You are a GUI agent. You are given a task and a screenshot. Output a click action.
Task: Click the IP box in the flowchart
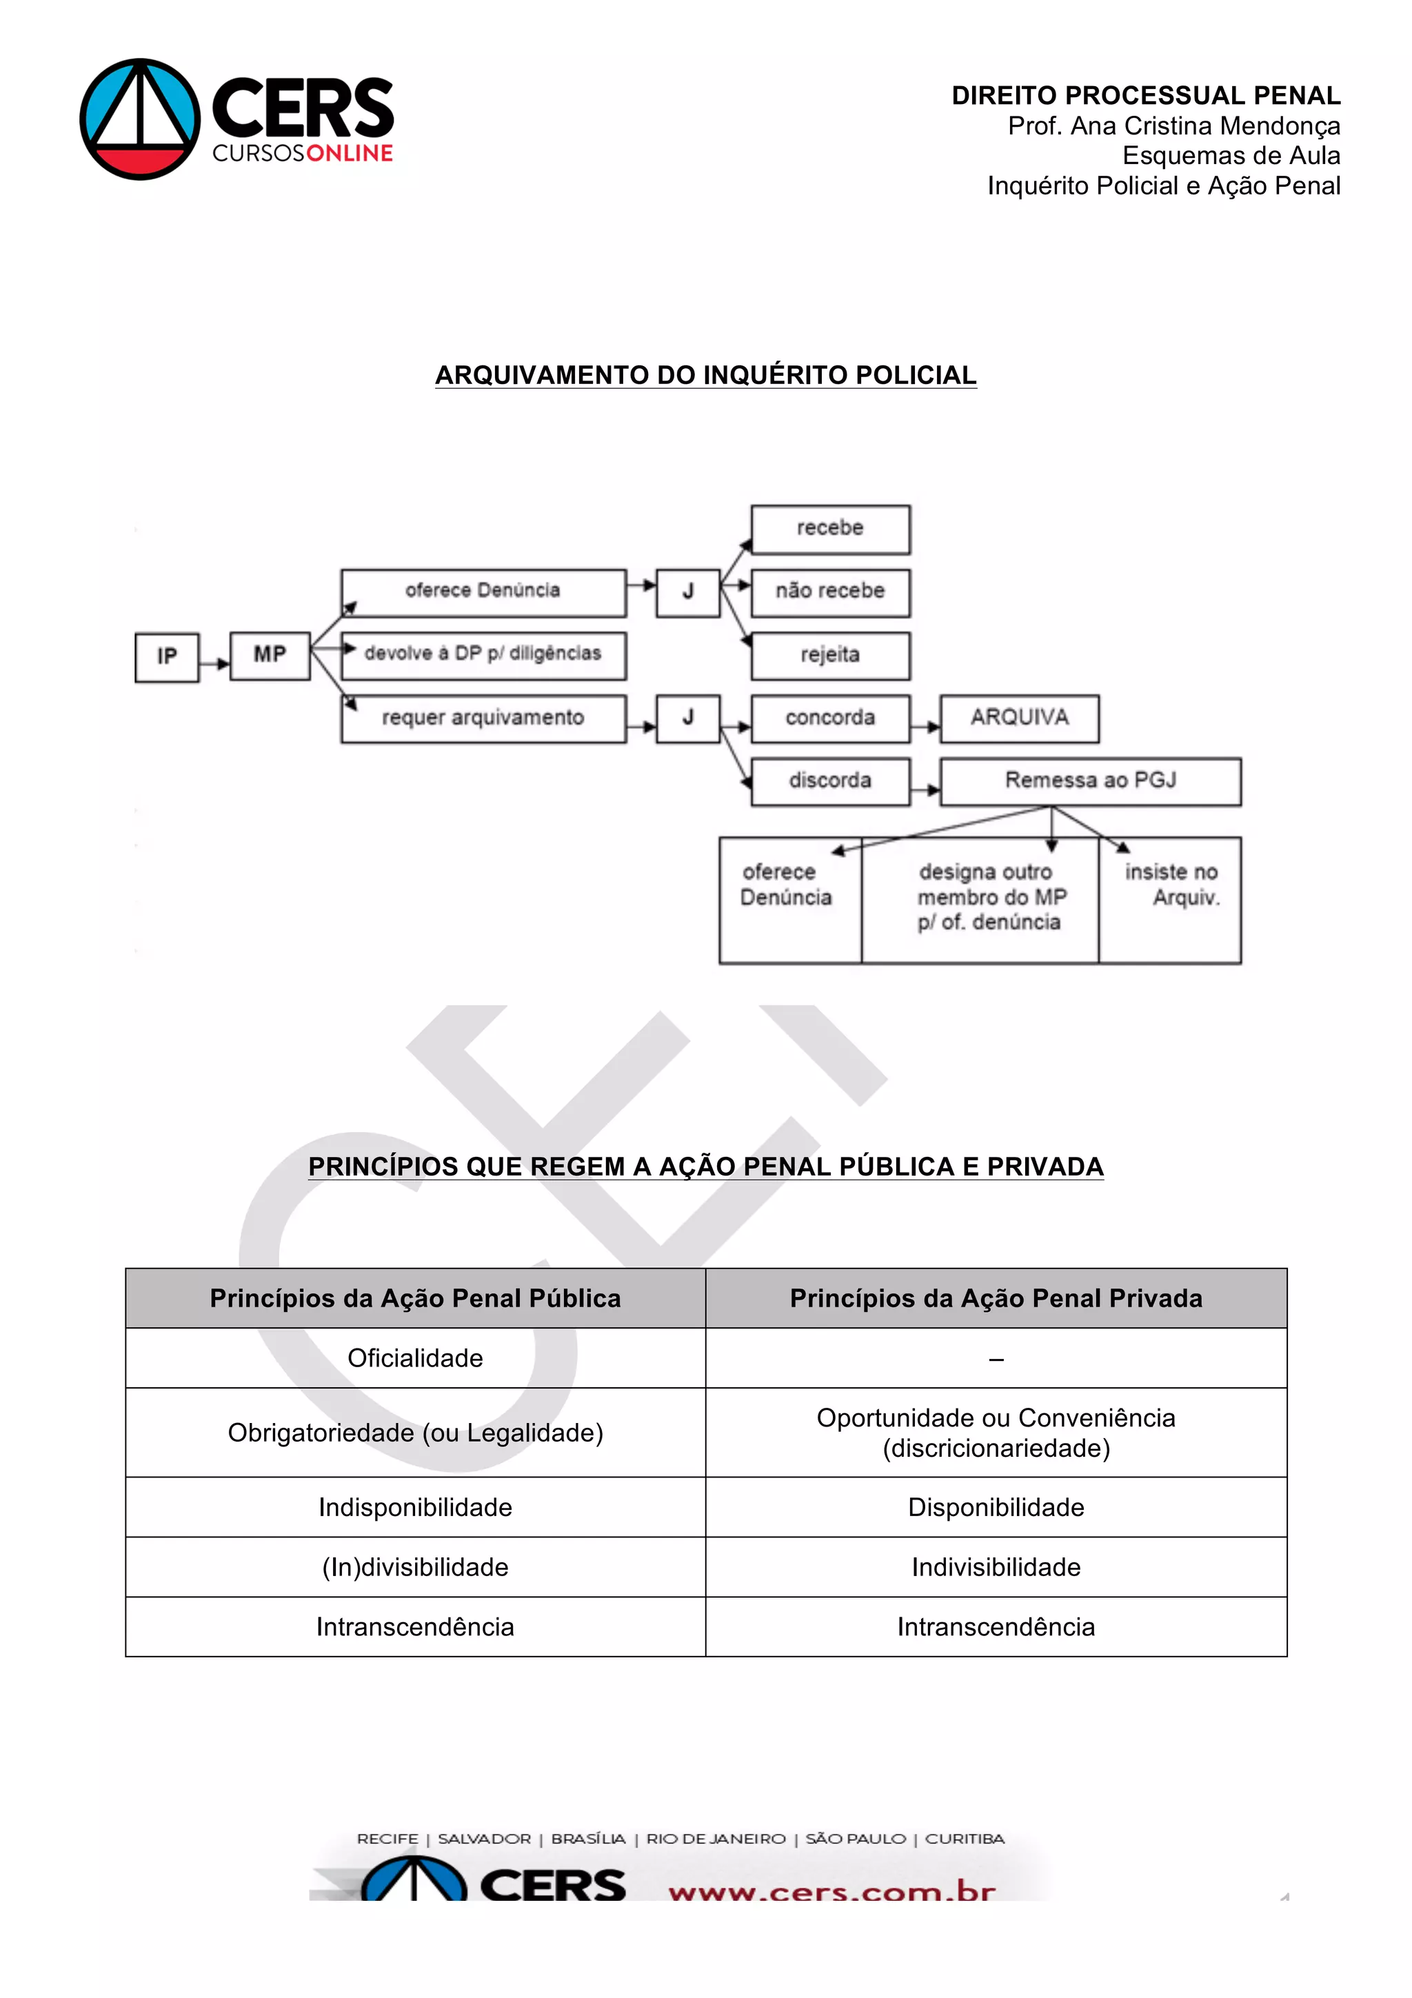pos(166,657)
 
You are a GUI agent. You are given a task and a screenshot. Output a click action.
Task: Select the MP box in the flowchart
pos(270,655)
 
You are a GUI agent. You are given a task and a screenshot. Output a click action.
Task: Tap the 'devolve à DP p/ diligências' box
pos(483,655)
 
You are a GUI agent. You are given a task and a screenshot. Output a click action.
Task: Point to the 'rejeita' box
pos(830,655)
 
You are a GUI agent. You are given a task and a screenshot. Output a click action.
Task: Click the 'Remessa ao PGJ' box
pos(1090,780)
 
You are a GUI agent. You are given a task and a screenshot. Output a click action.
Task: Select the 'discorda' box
pos(830,780)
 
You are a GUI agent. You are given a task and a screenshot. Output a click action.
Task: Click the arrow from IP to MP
pos(214,664)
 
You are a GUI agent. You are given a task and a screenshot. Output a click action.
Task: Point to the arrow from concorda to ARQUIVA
pos(925,727)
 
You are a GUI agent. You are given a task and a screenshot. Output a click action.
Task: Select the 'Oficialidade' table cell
pos(415,1358)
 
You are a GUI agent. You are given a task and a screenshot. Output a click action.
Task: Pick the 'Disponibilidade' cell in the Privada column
pos(996,1506)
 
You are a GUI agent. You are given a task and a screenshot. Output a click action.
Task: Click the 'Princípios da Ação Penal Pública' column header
pos(415,1298)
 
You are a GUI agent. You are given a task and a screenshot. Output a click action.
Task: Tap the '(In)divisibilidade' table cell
pos(415,1566)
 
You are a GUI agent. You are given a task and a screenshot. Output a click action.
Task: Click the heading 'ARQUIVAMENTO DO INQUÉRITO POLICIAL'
pos(705,375)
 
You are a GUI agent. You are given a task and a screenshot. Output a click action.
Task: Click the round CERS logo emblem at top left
pos(139,119)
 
